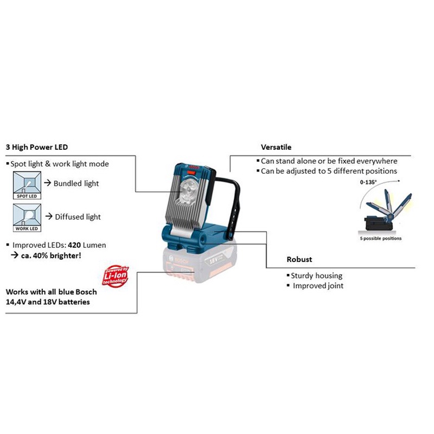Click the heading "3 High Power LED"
(x=37, y=147)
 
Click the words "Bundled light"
(x=76, y=183)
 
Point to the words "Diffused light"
(x=78, y=217)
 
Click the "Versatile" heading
(x=276, y=147)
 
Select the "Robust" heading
(x=299, y=259)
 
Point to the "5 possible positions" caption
(x=380, y=239)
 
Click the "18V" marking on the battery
(x=213, y=262)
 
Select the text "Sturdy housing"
(x=316, y=276)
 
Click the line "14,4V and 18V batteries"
(x=48, y=302)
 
